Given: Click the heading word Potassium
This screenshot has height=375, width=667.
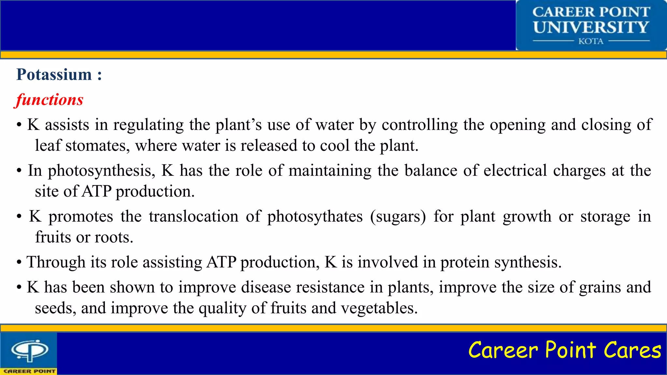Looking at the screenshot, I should coord(54,75).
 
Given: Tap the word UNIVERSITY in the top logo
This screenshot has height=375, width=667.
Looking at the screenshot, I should coord(591,27).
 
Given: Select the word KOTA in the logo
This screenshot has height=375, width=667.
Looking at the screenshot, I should coord(591,41).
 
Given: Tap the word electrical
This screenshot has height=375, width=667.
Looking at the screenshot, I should coord(515,171).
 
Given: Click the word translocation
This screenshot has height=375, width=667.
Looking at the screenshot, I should coord(193,216).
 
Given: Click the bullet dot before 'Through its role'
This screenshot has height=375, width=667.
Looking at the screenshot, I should coord(19,263).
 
